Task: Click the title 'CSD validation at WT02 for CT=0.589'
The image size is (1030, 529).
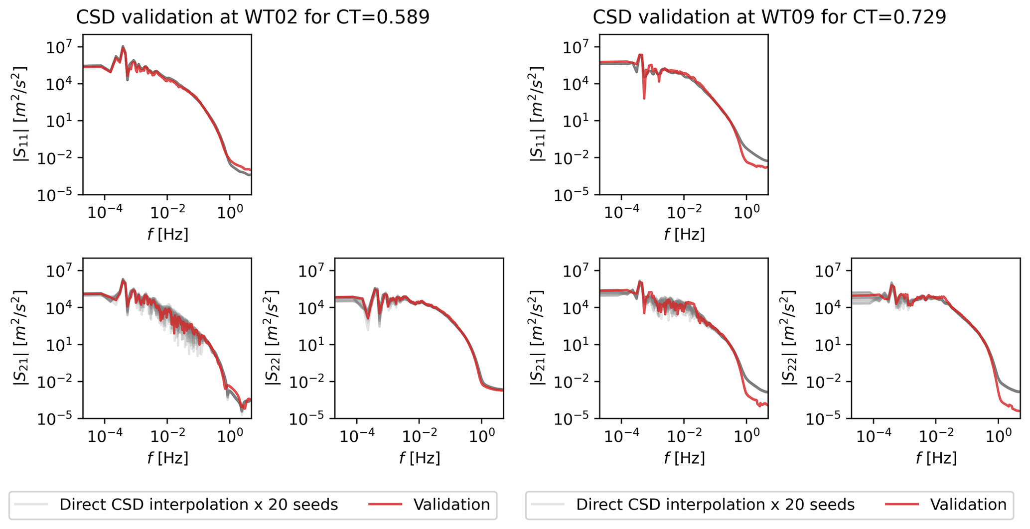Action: (x=253, y=17)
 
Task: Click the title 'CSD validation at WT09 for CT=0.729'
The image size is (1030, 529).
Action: (x=769, y=17)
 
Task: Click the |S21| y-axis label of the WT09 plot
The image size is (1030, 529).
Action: (x=537, y=338)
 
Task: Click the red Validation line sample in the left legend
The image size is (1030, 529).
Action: (x=385, y=505)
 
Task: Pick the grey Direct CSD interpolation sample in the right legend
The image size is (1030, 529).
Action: (x=548, y=505)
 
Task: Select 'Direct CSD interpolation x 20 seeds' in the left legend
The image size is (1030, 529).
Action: (x=198, y=505)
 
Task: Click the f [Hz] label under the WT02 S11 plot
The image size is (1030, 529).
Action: (x=167, y=234)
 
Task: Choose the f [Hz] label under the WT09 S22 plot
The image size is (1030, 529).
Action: (x=936, y=458)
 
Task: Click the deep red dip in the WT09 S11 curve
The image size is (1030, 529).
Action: (x=644, y=98)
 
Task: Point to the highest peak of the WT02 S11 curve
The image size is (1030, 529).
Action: (x=123, y=47)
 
